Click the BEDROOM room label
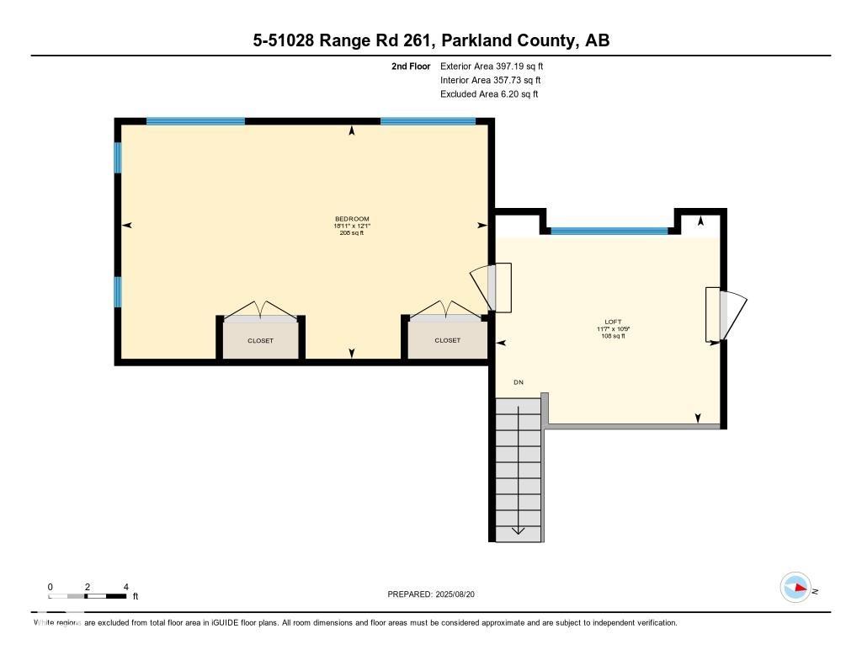[352, 219]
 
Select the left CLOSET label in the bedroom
[260, 341]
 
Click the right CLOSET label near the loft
[447, 341]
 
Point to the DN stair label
[519, 382]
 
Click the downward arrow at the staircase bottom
[518, 530]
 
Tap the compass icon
[795, 588]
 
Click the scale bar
[88, 596]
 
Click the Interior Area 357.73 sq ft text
[490, 80]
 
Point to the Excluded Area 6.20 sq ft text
[488, 94]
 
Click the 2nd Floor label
[411, 66]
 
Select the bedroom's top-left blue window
[195, 121]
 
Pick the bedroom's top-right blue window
[428, 121]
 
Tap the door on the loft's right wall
[725, 314]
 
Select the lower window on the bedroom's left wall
[118, 291]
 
